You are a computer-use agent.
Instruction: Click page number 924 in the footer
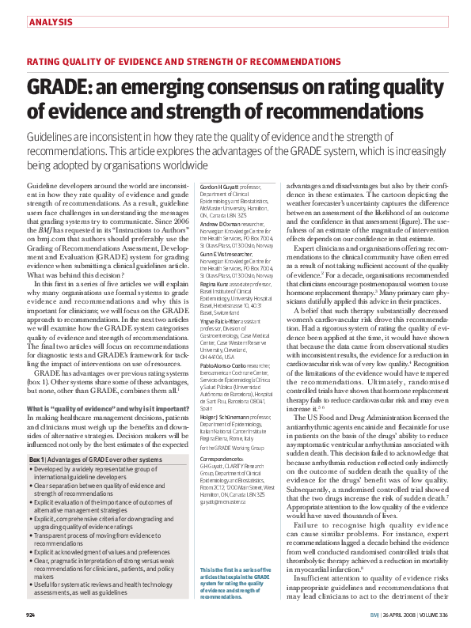tap(31, 615)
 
